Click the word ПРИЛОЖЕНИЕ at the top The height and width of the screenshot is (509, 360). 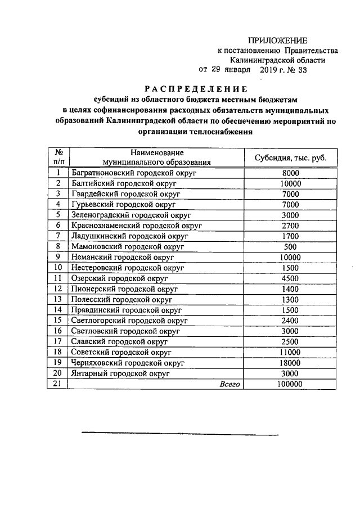click(278, 40)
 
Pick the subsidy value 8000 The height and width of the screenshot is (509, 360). click(290, 173)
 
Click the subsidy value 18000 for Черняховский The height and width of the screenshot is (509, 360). click(290, 363)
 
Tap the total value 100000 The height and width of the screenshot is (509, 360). click(290, 384)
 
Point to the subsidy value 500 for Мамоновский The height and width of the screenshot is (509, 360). click(290, 246)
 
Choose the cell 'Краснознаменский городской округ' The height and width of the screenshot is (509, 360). click(137, 226)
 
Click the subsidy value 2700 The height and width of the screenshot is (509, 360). click(290, 226)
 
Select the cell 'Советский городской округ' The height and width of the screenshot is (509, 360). click(121, 353)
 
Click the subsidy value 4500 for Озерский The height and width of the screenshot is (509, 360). click(290, 278)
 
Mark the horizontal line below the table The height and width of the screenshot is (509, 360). click(180, 434)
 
